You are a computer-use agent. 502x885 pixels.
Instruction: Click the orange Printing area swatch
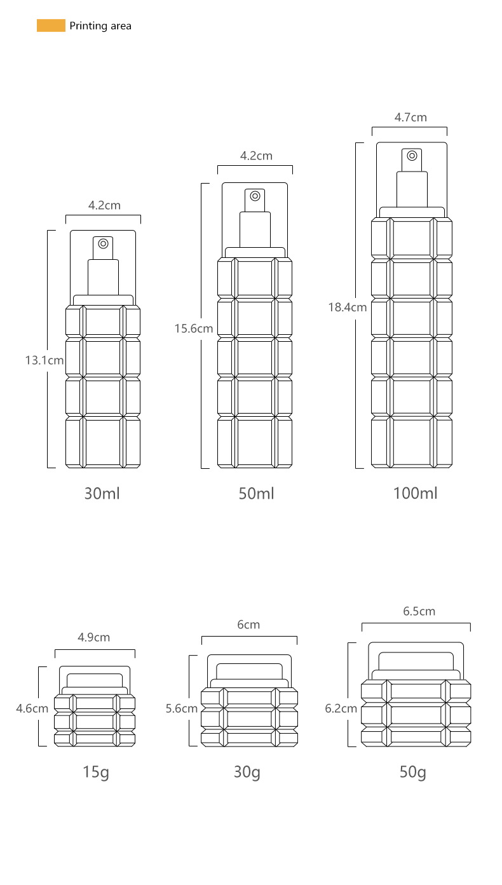tap(51, 25)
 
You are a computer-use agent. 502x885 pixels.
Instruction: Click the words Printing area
tap(100, 26)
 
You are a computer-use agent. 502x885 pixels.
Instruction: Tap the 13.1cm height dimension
tap(44, 360)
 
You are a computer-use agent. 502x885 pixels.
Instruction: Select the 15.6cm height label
tap(194, 328)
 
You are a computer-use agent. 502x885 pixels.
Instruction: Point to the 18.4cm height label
tap(348, 307)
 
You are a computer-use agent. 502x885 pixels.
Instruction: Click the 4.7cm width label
tap(410, 118)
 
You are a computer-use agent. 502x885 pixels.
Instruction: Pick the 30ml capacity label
tap(102, 494)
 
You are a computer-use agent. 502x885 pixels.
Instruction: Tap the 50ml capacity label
tap(256, 494)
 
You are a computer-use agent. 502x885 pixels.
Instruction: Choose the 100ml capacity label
tap(415, 493)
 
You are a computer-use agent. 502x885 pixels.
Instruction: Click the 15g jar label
tap(96, 773)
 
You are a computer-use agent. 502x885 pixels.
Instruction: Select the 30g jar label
tap(247, 773)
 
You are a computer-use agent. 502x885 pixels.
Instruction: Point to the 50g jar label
tap(412, 773)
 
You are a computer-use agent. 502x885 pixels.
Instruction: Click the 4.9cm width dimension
tap(93, 637)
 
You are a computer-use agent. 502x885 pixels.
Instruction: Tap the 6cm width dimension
tap(248, 625)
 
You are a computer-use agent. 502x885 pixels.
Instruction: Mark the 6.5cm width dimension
tap(419, 611)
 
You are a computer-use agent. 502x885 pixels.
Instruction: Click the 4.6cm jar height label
tap(32, 708)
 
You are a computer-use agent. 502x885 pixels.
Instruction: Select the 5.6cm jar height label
tap(182, 708)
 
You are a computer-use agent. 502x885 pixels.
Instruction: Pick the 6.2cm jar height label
tap(341, 708)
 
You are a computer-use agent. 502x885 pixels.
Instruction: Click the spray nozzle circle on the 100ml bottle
tap(412, 156)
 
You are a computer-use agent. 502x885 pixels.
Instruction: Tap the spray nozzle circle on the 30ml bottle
tap(103, 244)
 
